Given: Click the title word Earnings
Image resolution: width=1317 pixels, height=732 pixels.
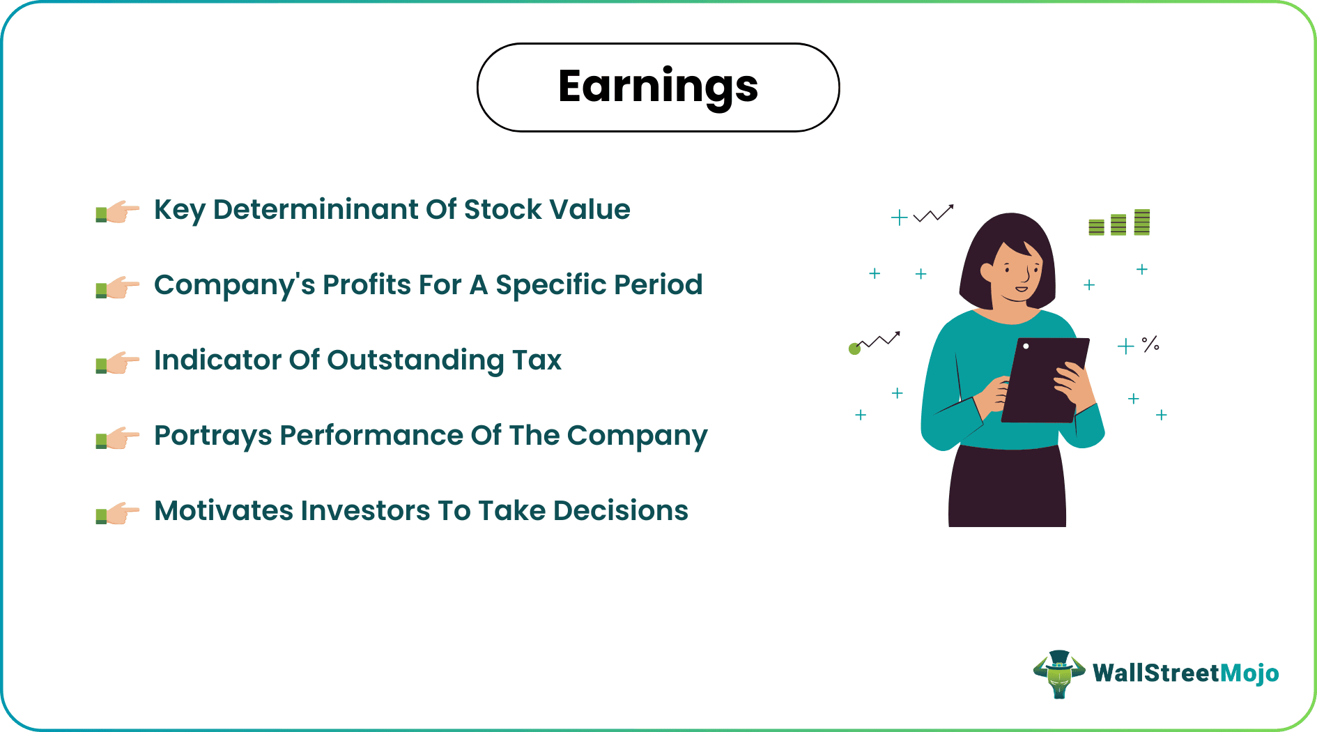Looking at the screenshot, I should [658, 86].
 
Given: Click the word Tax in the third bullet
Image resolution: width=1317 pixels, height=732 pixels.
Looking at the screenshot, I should [537, 360].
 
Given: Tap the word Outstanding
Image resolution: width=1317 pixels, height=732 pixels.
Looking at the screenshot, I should [415, 360].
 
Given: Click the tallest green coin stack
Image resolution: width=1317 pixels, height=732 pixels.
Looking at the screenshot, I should [1141, 222].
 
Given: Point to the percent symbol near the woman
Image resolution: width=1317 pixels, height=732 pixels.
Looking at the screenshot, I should [1150, 344].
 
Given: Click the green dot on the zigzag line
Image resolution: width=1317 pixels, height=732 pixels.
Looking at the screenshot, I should [854, 349].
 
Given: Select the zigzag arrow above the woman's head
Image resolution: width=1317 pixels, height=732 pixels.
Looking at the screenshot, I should [934, 213].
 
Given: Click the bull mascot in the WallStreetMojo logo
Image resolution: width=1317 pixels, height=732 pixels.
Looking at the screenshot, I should [1059, 673].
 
